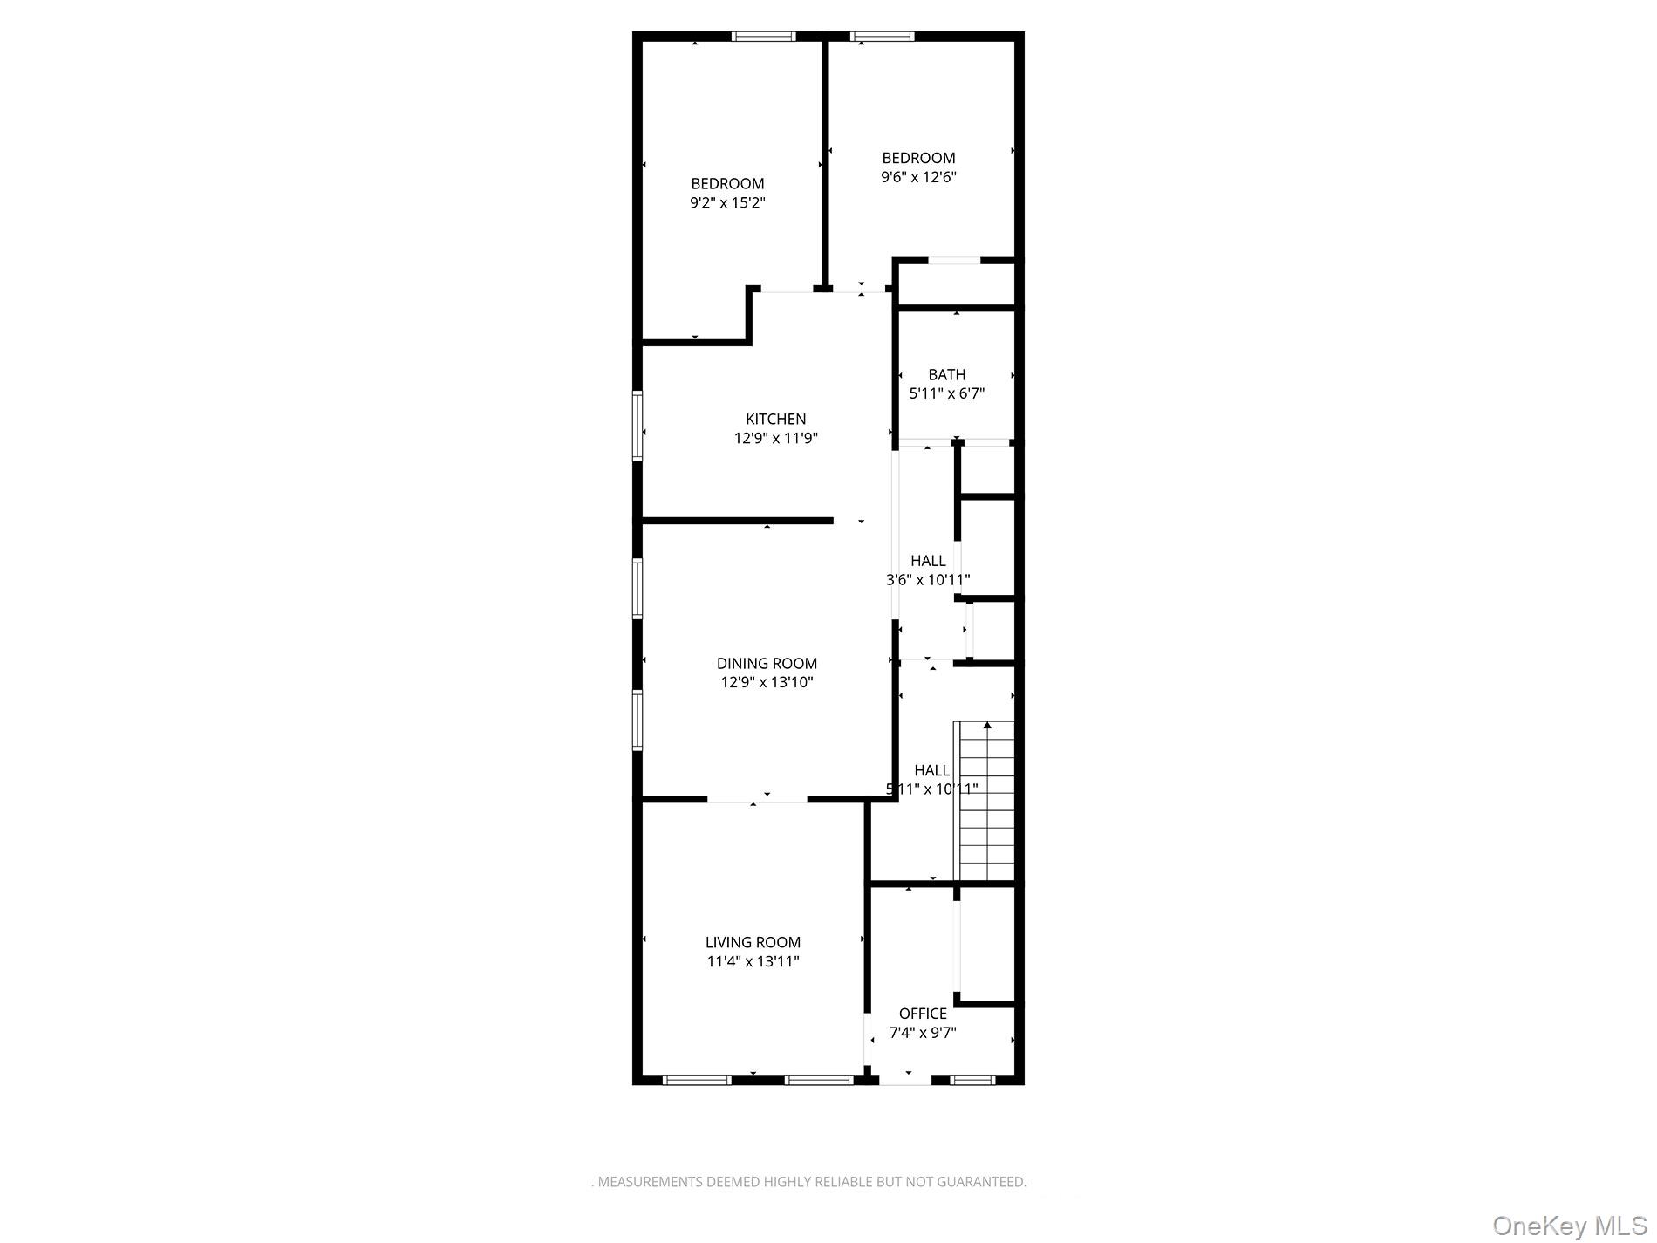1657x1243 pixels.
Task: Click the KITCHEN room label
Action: [775, 420]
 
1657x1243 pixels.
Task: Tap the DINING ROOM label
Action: [767, 664]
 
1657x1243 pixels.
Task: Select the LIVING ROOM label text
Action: [753, 943]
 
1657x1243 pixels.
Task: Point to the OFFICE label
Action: [923, 1014]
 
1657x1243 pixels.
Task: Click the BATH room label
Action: [946, 375]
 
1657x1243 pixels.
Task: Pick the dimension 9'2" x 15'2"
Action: [727, 203]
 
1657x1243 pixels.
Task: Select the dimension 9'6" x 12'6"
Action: [918, 177]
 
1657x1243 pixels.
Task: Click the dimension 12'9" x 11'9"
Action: [775, 439]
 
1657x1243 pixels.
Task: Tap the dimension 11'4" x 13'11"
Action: [753, 962]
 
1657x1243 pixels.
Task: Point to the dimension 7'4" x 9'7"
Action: [923, 1033]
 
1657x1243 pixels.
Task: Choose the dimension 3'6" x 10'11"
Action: [928, 580]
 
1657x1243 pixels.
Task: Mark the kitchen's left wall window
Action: [638, 426]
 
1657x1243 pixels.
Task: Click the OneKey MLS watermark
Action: [1569, 1225]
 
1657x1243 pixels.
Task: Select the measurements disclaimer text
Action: [809, 1183]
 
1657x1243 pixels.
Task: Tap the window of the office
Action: [972, 1080]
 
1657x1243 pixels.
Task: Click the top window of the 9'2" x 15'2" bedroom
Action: [763, 37]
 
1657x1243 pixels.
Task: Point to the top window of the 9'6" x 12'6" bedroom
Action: [883, 37]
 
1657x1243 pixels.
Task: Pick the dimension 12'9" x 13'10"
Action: [767, 683]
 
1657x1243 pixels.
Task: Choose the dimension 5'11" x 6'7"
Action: [946, 394]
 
